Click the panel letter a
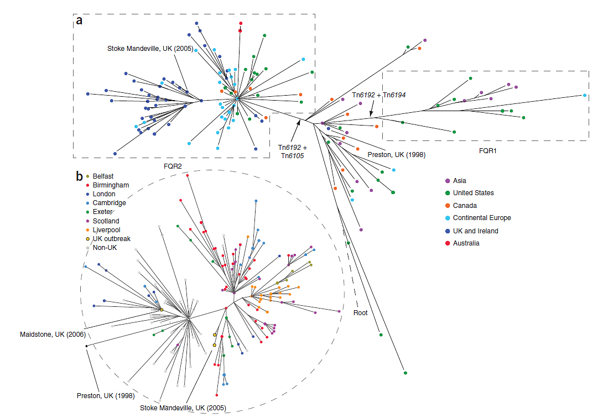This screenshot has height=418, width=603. [80, 21]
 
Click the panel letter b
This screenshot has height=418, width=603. [80, 176]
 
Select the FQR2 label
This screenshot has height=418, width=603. [173, 165]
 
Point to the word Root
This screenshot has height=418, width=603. [361, 312]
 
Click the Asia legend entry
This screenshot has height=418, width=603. [460, 181]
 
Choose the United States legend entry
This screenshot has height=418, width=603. [473, 193]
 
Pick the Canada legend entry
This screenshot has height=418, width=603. [465, 206]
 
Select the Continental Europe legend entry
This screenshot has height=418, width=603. [482, 218]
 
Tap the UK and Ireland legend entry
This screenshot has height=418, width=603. [475, 231]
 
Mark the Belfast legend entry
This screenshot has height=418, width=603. [103, 176]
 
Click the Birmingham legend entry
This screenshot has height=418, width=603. [111, 185]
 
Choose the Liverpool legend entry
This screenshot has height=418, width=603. [107, 229]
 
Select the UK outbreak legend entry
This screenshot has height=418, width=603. [111, 239]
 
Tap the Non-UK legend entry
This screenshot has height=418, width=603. [105, 248]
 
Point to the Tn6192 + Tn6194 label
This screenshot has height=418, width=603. [379, 95]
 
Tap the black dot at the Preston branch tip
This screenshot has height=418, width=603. [86, 346]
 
